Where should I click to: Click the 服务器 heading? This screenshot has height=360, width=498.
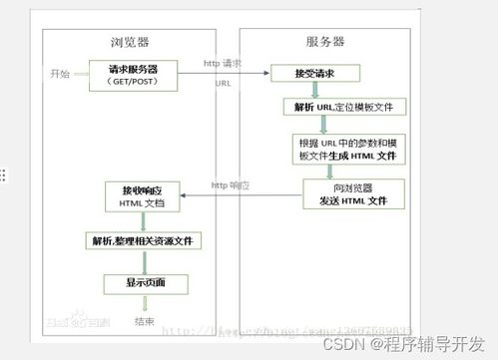click(324, 41)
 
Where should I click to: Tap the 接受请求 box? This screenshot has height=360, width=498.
click(318, 74)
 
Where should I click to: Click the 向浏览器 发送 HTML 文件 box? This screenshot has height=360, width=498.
click(343, 193)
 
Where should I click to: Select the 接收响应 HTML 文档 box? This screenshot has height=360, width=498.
click(144, 195)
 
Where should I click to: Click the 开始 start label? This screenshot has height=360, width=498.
click(61, 74)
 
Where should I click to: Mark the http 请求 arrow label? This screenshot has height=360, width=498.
click(225, 63)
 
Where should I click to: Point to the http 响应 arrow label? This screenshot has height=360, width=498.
click(231, 184)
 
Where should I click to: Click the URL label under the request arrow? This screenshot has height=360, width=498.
click(223, 84)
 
